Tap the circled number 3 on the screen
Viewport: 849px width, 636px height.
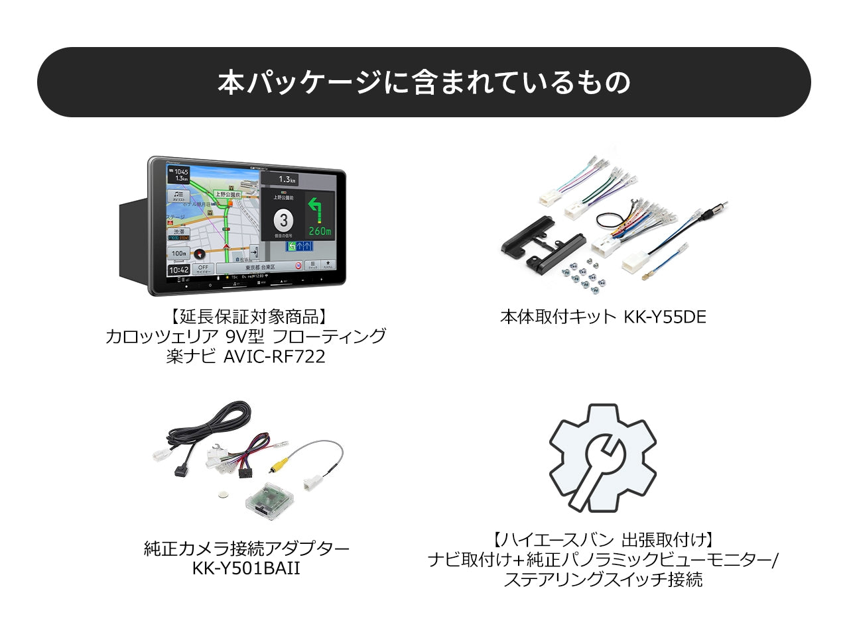pos(283,220)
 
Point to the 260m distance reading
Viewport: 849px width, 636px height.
pos(320,231)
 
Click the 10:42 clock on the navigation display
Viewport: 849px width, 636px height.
pos(178,270)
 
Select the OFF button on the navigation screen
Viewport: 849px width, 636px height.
pos(203,269)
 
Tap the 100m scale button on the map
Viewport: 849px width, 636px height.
pos(178,253)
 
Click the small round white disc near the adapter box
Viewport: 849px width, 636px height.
pos(224,494)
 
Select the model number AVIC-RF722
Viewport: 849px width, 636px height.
pos(275,356)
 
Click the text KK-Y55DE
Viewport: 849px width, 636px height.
pos(665,317)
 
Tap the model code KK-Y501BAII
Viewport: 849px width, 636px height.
pos(246,568)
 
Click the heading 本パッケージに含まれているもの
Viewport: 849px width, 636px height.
pos(424,82)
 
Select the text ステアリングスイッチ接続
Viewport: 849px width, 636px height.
pos(603,580)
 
